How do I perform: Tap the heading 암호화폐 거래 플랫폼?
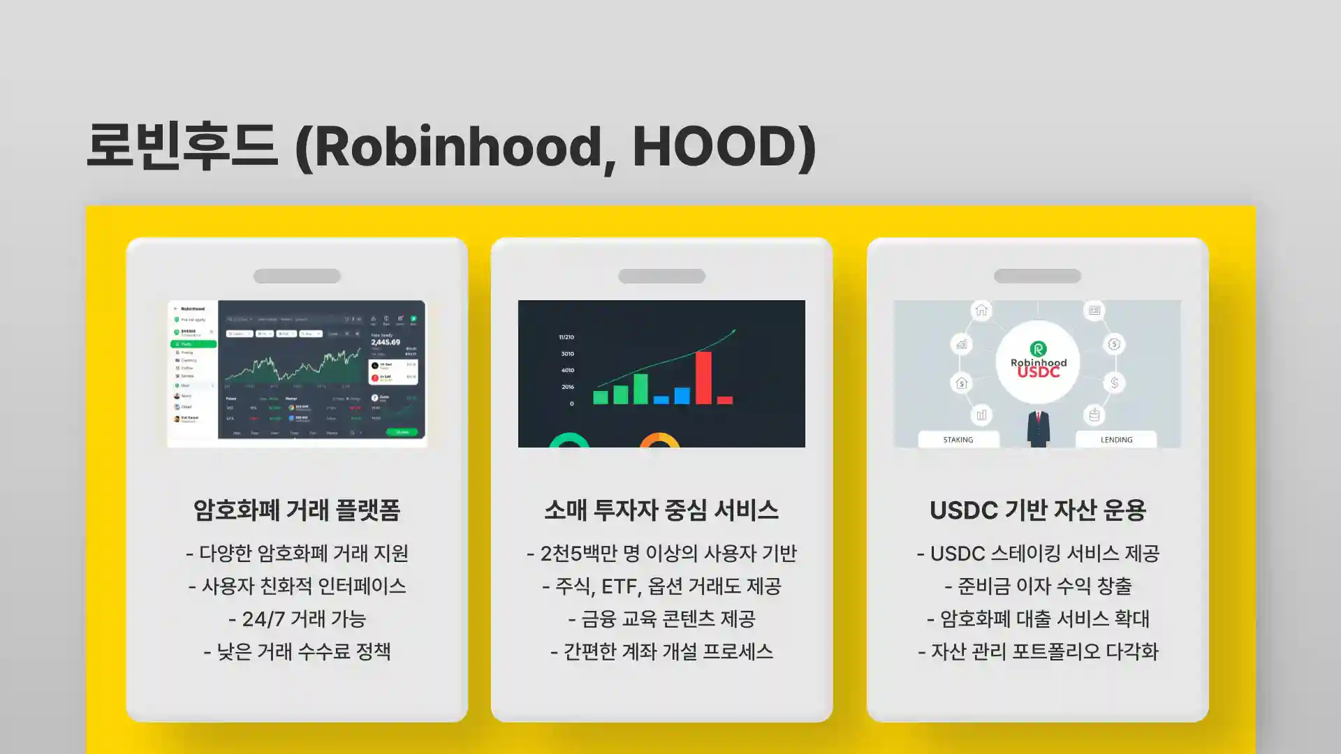click(297, 510)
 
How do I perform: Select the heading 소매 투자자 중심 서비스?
click(661, 510)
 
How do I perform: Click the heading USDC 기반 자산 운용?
click(1038, 510)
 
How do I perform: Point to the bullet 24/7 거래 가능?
click(297, 619)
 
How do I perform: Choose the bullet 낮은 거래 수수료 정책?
click(297, 651)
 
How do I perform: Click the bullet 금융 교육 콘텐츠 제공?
click(661, 619)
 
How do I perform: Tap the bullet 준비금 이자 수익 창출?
click(1038, 586)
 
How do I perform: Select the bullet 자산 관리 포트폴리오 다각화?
click(1038, 651)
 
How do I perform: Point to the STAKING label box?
click(958, 440)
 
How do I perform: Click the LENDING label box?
click(1116, 440)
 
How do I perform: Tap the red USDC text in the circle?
click(1039, 373)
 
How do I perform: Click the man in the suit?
click(1039, 429)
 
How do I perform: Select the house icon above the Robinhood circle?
click(981, 310)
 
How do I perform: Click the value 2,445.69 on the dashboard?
click(386, 342)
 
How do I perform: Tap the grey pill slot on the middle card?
click(661, 276)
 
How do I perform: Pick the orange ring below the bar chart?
click(659, 441)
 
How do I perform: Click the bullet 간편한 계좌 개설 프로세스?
click(661, 651)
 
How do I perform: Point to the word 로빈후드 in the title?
click(182, 147)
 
